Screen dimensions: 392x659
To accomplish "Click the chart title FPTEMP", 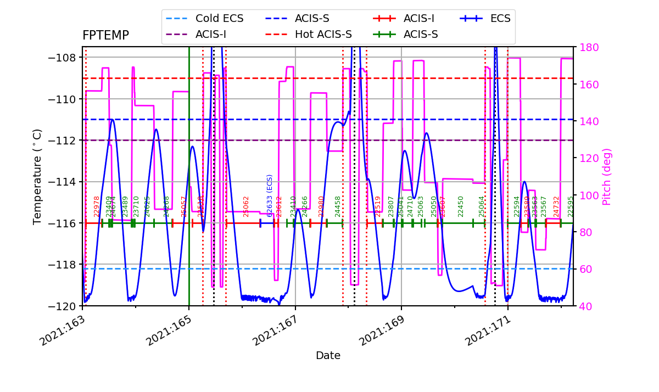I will point(105,36).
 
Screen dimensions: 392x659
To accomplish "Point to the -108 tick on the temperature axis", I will point(63,58).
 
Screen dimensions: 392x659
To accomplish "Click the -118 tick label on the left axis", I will point(63,264).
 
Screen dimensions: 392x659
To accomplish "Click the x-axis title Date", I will point(328,356).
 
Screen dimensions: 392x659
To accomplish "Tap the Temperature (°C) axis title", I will point(37,176).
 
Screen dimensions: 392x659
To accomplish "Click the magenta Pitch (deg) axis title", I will point(607,176).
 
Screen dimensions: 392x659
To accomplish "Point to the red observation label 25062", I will point(246,206).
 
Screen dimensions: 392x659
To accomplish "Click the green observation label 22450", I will point(461,206).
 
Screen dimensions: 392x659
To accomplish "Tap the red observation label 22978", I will point(97,206).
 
